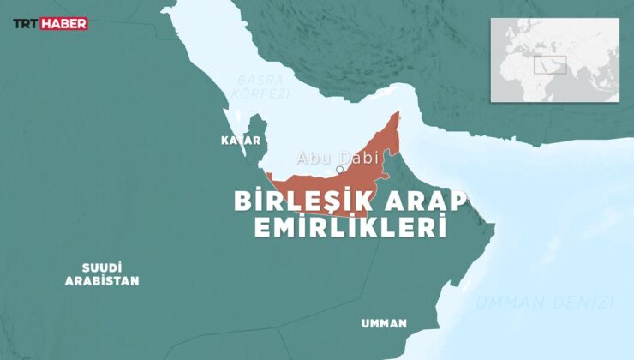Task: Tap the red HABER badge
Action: tap(65, 24)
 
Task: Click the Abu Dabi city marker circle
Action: tap(340, 170)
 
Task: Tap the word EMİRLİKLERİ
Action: tap(351, 228)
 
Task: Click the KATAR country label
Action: tap(240, 140)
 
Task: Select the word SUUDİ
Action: tap(102, 267)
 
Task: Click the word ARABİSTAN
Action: tap(102, 280)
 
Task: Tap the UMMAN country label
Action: tap(384, 323)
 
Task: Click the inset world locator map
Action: tap(554, 60)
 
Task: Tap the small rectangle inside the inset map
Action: tap(550, 65)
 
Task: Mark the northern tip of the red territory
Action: tap(398, 113)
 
